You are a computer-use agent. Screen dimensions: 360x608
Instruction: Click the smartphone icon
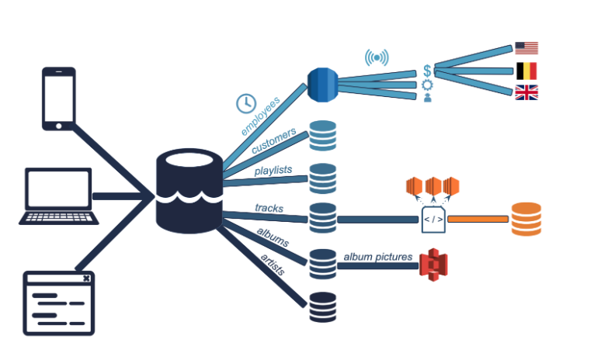(x=58, y=98)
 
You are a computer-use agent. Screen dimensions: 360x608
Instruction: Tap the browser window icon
(x=58, y=303)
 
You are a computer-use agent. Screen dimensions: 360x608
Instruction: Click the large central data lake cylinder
(x=189, y=190)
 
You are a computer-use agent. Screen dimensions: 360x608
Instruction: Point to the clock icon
(x=245, y=102)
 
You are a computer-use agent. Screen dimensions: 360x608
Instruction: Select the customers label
(x=273, y=140)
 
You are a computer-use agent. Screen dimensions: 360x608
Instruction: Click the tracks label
(x=269, y=208)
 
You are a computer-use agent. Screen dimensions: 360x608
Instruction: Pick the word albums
(x=273, y=237)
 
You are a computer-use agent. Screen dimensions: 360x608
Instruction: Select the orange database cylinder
(x=526, y=220)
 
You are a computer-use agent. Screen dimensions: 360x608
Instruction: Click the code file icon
(x=433, y=220)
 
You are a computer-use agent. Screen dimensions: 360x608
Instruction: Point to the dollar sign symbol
(x=427, y=71)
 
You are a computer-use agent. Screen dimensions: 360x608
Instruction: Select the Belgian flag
(x=526, y=71)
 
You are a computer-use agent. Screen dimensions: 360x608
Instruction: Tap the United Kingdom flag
(x=526, y=93)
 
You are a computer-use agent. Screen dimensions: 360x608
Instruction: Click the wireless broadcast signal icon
(x=377, y=57)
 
